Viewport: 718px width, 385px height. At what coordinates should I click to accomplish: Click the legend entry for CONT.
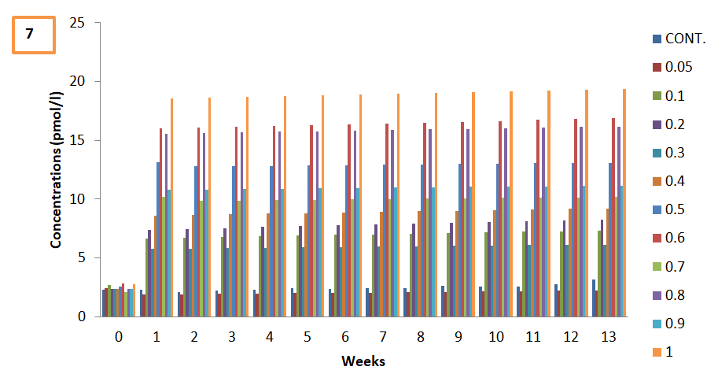click(x=679, y=39)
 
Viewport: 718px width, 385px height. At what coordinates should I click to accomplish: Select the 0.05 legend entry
click(x=672, y=68)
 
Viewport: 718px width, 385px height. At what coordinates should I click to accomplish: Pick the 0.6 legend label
click(x=668, y=238)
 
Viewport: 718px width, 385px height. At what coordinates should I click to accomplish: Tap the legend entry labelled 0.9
click(x=668, y=324)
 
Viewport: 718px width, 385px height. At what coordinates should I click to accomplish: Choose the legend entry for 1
click(x=663, y=352)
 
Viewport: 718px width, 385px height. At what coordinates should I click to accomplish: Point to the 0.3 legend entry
click(x=668, y=153)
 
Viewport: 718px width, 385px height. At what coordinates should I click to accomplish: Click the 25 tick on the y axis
click(x=77, y=23)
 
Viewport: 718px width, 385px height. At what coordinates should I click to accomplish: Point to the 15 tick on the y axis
click(x=77, y=140)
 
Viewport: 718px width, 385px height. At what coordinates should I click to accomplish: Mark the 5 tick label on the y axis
click(x=82, y=257)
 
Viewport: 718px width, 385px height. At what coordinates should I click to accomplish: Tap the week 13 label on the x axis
click(x=609, y=337)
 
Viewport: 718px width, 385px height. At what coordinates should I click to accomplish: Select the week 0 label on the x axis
click(x=119, y=337)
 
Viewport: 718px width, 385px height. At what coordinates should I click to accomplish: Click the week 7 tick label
click(x=383, y=337)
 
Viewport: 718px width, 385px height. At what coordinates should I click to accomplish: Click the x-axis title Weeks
click(x=363, y=361)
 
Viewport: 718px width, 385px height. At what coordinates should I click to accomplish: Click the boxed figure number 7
click(x=34, y=35)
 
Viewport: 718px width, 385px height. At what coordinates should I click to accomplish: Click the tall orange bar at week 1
click(x=171, y=208)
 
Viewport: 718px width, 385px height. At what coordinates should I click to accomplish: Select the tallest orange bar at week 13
click(x=624, y=203)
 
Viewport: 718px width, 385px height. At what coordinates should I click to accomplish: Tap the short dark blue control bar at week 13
click(x=594, y=298)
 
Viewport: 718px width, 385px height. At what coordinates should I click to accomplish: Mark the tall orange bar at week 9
click(x=473, y=205)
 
